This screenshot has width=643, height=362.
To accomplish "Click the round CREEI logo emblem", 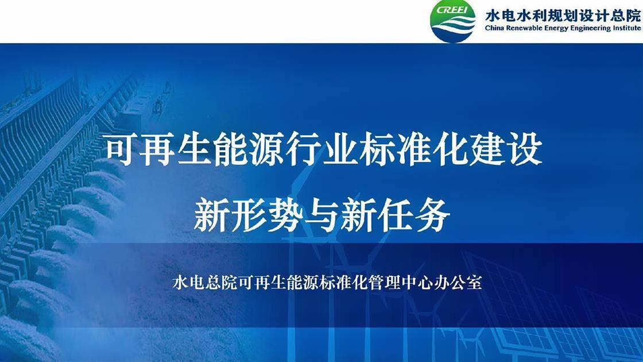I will pos(454,21).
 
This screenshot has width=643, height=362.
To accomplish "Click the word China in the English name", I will pos(495,28).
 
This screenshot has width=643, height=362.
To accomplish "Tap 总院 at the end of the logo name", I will pos(626,14).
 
